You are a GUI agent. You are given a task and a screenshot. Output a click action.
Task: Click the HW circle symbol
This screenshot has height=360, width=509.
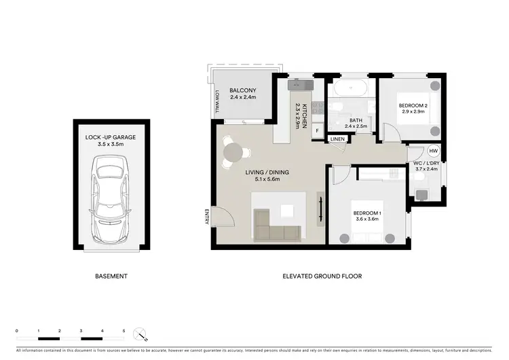[433, 151]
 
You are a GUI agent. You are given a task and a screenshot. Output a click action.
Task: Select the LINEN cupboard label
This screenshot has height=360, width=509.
[338, 139]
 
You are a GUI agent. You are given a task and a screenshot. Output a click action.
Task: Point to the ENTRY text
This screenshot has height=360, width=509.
[206, 216]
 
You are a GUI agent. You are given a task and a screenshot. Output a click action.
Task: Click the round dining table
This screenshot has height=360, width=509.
[233, 151]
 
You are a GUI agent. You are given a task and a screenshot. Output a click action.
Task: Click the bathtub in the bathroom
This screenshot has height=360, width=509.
[351, 88]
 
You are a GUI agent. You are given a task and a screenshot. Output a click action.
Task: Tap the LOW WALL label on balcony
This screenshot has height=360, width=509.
[217, 102]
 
